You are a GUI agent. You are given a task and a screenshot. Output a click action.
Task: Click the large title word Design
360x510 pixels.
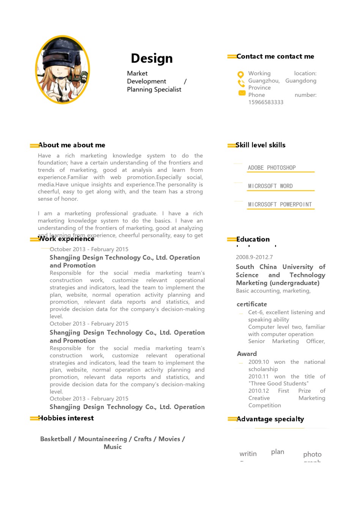point(152,58)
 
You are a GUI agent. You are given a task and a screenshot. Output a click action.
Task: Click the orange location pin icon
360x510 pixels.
point(241,74)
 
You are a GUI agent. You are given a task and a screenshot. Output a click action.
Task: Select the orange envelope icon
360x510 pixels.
point(242,93)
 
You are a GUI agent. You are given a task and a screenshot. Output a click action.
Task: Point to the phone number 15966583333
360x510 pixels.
point(266,102)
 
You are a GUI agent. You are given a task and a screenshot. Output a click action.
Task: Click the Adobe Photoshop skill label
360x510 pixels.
point(272,168)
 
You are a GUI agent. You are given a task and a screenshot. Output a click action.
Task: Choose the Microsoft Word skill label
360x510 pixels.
point(270,186)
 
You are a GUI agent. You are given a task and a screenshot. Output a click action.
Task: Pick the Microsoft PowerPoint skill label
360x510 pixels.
point(280,205)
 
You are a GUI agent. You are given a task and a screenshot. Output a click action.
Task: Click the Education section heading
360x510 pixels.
point(253,239)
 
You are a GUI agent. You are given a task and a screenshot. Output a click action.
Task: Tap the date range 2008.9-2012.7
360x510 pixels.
point(254,257)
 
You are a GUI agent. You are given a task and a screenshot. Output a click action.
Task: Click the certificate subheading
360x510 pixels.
point(252,304)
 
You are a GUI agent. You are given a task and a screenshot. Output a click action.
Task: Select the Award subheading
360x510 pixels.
point(247,354)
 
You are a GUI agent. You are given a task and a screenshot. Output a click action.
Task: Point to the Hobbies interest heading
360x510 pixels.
point(66,418)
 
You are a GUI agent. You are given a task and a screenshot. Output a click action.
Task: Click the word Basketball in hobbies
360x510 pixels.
point(56,439)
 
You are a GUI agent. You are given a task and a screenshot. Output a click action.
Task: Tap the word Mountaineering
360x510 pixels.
point(102,439)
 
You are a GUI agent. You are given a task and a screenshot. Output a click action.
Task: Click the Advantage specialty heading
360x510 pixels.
point(270,419)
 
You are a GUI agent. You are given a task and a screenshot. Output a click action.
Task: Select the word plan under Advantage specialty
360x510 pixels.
point(278,452)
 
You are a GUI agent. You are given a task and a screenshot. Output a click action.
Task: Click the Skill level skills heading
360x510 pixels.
point(261,145)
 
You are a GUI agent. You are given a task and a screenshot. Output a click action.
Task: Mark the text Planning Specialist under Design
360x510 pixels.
point(154,90)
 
